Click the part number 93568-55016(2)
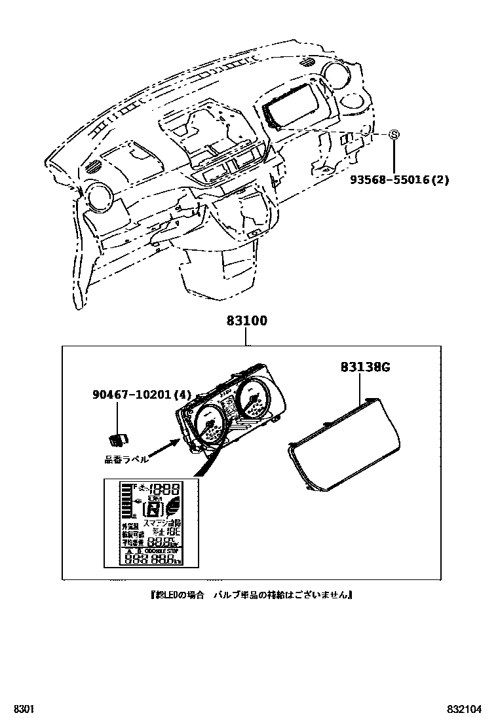click(x=398, y=179)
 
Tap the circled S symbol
click(x=394, y=134)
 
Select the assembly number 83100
click(x=247, y=321)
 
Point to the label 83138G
click(x=366, y=367)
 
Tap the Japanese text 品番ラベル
click(x=126, y=460)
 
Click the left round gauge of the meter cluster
click(x=208, y=427)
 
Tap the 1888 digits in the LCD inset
click(x=165, y=490)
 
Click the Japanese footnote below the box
click(x=249, y=595)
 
